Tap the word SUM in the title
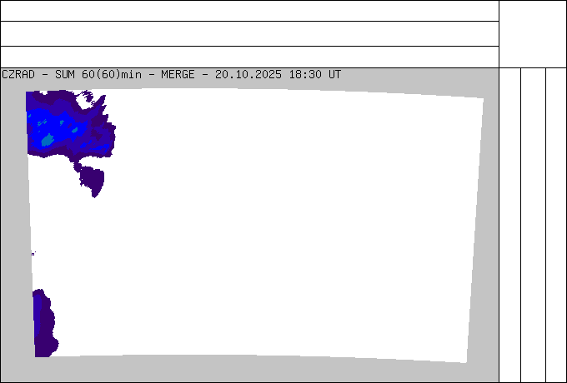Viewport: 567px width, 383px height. point(65,75)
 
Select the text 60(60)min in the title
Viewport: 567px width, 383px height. point(112,75)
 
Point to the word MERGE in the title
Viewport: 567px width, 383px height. point(178,75)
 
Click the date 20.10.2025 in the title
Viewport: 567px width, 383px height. point(248,75)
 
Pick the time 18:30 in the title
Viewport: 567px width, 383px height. point(305,75)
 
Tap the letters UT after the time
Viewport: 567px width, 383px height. point(335,75)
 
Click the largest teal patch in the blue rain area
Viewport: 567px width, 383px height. point(48,140)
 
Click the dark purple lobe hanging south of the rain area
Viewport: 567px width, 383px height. point(93,180)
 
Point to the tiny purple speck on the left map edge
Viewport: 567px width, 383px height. point(33,254)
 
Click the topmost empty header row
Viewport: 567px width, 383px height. point(249,11)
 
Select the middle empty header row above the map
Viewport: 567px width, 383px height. point(249,33)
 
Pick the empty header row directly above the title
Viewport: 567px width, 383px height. point(249,57)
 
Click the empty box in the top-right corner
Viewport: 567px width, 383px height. point(533,34)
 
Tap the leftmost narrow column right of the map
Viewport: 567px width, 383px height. point(509,225)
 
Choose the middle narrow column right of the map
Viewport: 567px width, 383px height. point(534,225)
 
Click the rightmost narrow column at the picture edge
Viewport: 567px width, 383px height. point(556,225)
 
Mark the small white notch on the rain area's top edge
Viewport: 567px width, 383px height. point(43,92)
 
